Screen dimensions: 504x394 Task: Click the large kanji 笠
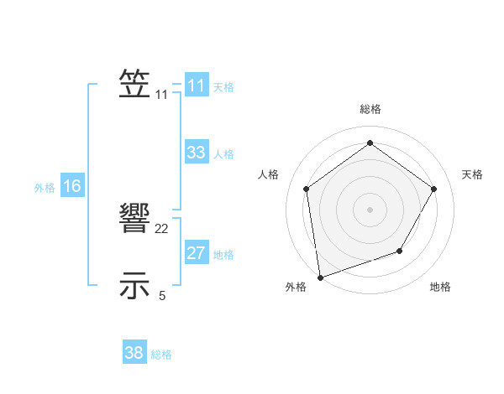tap(135, 85)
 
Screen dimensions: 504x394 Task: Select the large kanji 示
tap(135, 285)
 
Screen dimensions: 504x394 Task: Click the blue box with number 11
tap(197, 86)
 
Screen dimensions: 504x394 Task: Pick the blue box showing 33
tap(197, 153)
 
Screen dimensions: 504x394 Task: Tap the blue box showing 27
tap(197, 253)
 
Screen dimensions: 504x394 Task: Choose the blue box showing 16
tap(72, 186)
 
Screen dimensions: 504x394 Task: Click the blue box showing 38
tap(134, 353)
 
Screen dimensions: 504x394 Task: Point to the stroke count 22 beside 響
tap(162, 229)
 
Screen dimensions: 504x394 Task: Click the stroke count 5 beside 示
tap(162, 295)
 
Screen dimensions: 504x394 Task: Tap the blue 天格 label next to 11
tap(223, 87)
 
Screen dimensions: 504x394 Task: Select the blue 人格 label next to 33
tap(223, 154)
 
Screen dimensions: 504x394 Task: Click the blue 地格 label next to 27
tap(223, 255)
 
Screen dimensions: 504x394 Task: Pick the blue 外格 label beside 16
tap(45, 188)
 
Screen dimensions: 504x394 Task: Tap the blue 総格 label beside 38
tap(161, 355)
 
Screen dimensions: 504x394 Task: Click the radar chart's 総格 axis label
tap(370, 110)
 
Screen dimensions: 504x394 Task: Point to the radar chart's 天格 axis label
tap(472, 174)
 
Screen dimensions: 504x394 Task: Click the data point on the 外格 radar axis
tap(320, 277)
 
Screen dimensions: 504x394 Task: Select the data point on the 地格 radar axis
tap(400, 251)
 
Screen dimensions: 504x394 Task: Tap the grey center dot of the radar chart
tap(370, 209)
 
